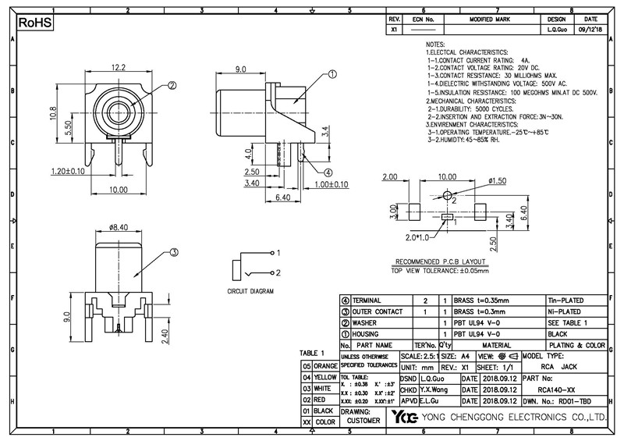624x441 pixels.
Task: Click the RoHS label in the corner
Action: (x=34, y=23)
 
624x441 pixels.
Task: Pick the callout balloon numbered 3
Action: (x=174, y=252)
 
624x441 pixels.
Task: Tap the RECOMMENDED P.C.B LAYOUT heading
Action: (x=440, y=261)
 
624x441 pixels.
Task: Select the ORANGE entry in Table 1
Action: (x=325, y=365)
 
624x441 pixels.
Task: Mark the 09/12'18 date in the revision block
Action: (x=591, y=30)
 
